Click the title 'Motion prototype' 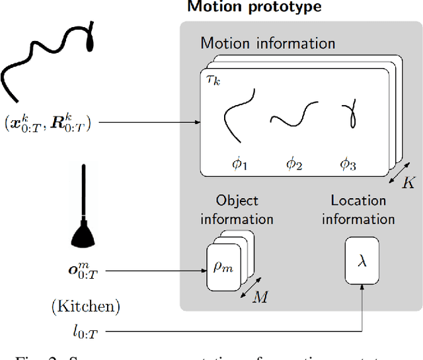[x=254, y=7]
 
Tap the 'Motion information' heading [x=268, y=44]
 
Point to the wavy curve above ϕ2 [x=291, y=118]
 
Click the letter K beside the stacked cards [x=409, y=183]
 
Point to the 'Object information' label [x=237, y=209]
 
